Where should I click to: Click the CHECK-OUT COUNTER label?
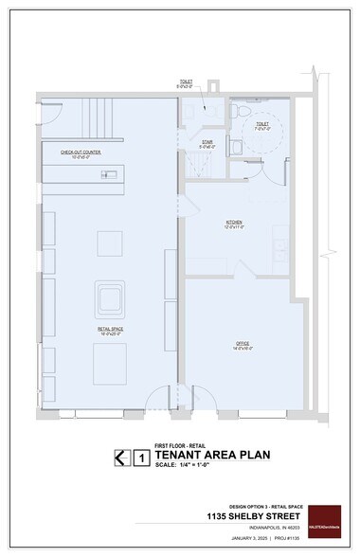pyautogui.click(x=81, y=152)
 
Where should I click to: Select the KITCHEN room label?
pyautogui.click(x=234, y=225)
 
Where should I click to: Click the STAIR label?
pyautogui.click(x=207, y=144)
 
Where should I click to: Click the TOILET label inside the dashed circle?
pyautogui.click(x=261, y=125)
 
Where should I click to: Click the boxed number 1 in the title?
pyautogui.click(x=142, y=458)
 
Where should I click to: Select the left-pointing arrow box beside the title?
pyautogui.click(x=120, y=458)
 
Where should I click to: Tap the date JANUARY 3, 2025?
pyautogui.click(x=243, y=540)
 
